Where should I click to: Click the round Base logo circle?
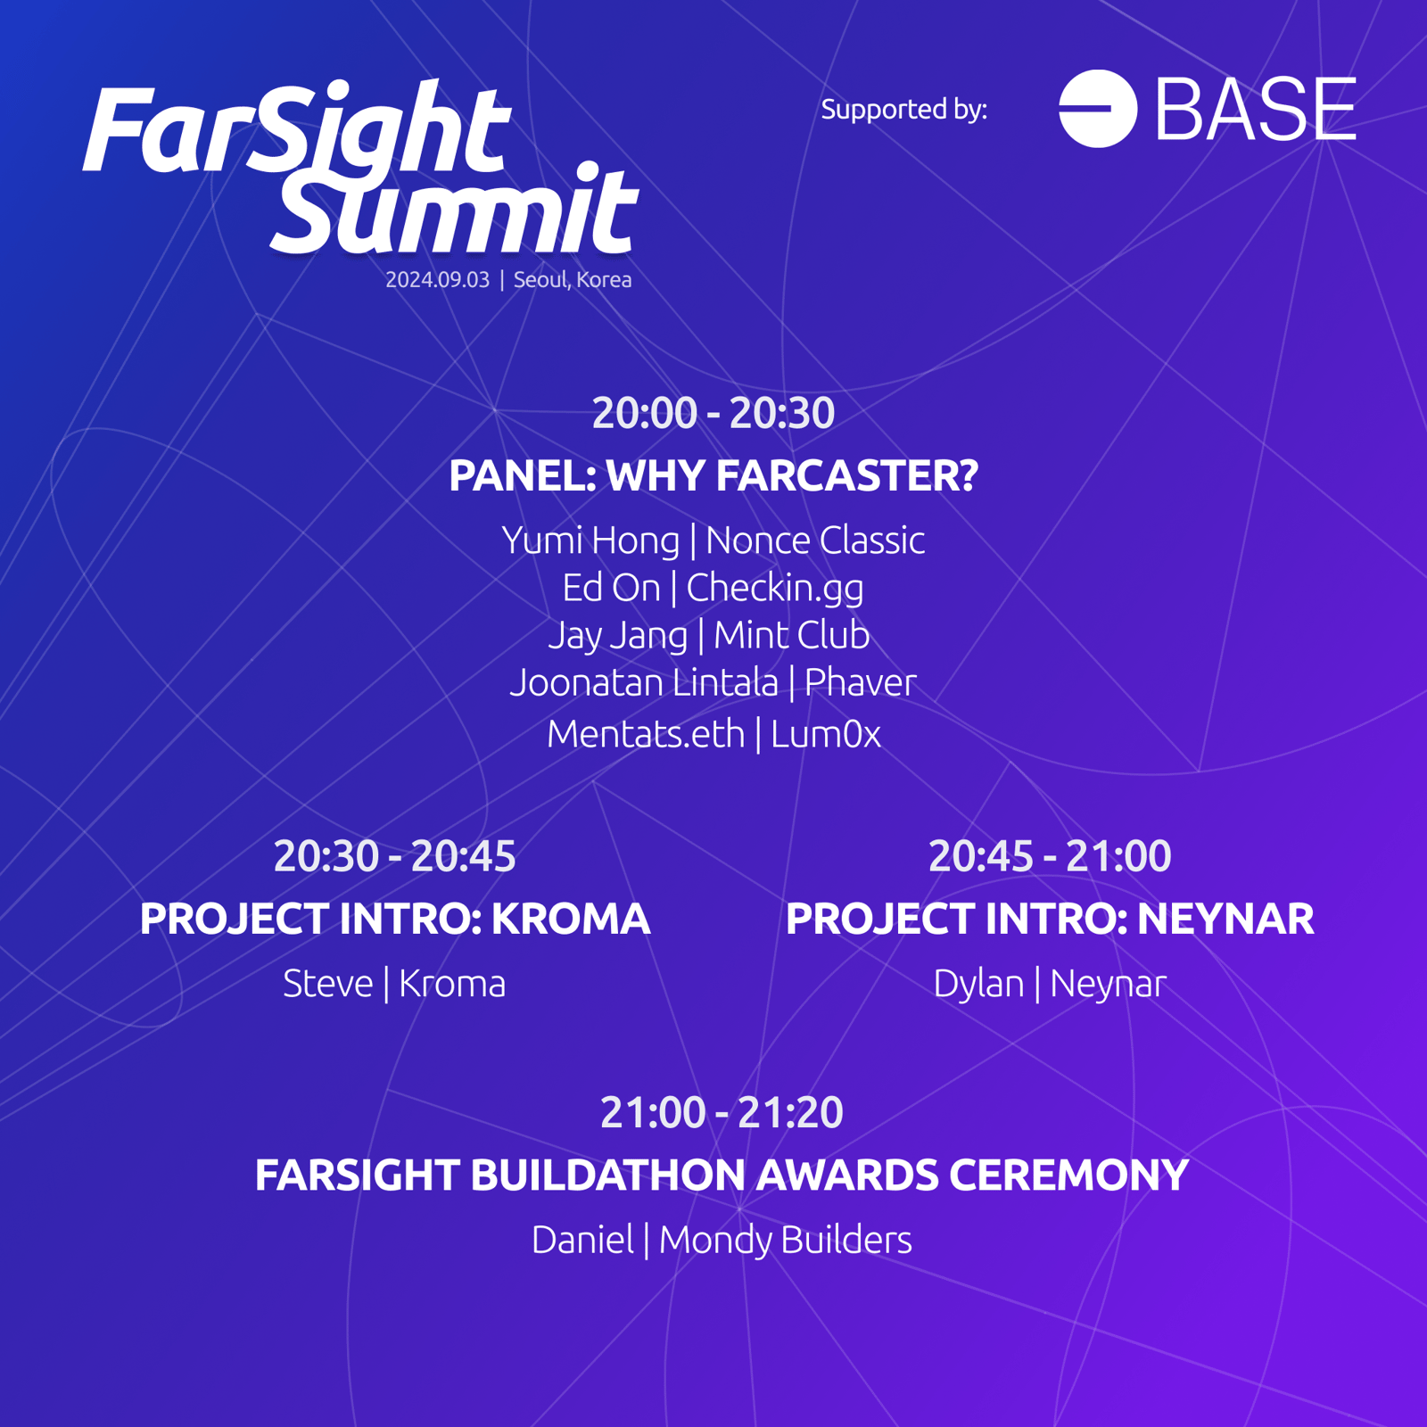pos(1098,108)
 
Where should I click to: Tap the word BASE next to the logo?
pos(1256,108)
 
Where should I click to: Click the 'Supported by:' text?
pos(904,109)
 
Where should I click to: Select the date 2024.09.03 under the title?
pos(437,279)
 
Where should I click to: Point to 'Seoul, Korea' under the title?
pos(573,279)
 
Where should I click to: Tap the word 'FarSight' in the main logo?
pos(297,129)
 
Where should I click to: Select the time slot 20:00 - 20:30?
pos(713,412)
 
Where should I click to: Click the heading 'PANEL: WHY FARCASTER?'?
pos(713,475)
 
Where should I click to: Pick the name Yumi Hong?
pos(590,540)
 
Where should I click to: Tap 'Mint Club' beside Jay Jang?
pos(792,635)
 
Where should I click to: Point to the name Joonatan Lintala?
pos(644,682)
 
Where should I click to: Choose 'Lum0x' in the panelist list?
pos(826,734)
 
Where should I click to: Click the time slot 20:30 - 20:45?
pos(395,856)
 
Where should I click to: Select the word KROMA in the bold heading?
pos(571,920)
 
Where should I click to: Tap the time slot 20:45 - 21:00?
pos(1050,856)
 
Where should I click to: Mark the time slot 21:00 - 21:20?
pos(722,1112)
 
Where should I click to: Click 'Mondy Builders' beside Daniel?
pos(786,1241)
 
